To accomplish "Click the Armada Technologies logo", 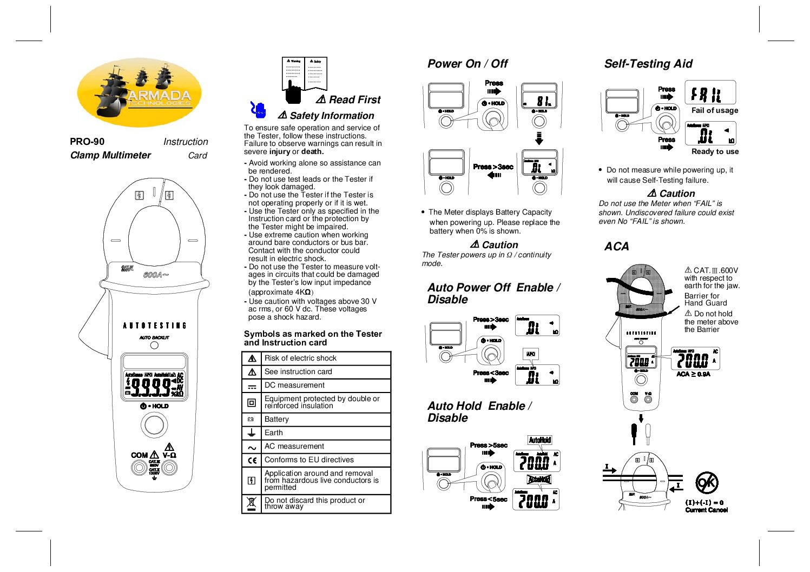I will click(140, 92).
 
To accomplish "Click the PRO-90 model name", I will click(87, 142).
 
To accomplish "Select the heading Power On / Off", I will click(467, 64).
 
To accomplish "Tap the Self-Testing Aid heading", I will click(648, 64).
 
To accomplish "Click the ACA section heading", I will click(616, 247).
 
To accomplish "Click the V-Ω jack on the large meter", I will click(169, 468).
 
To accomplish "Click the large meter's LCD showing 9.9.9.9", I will click(155, 385).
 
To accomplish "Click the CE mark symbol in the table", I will click(252, 461).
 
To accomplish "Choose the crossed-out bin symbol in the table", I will click(251, 504).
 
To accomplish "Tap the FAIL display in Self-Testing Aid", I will click(710, 93).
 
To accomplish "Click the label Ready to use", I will click(715, 152).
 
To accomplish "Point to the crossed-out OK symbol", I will click(707, 482).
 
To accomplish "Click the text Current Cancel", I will click(706, 510).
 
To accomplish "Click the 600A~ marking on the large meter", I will click(156, 275).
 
